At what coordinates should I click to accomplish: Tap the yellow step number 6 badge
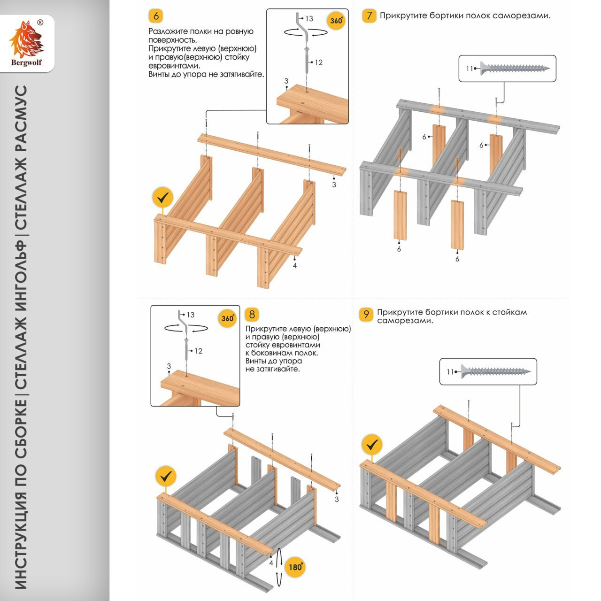click(x=156, y=16)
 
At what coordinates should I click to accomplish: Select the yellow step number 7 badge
click(x=369, y=15)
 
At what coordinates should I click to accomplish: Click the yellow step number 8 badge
click(x=252, y=314)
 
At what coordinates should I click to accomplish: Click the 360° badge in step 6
click(x=336, y=21)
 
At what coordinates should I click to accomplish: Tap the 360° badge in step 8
click(x=228, y=318)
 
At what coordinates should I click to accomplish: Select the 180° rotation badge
click(x=295, y=567)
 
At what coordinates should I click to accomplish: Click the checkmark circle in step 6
click(x=162, y=198)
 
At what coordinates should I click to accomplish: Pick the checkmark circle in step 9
click(x=372, y=444)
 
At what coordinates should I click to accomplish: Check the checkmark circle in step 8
click(x=165, y=477)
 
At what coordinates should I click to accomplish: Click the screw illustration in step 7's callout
click(x=514, y=69)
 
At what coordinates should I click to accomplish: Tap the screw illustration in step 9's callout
click(x=495, y=372)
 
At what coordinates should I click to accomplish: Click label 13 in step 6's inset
click(x=309, y=18)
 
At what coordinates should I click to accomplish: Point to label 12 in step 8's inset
click(x=198, y=351)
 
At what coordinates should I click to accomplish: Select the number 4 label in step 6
click(x=295, y=265)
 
